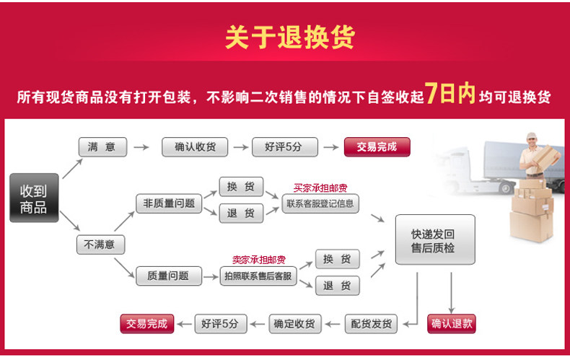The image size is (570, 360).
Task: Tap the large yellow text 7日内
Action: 450,94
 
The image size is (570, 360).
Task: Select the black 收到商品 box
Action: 34,198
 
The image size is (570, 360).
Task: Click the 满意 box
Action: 102,147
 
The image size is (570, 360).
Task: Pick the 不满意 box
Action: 100,245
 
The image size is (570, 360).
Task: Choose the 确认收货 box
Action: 195,147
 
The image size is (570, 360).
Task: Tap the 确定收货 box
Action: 294,324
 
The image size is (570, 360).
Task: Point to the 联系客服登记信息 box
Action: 320,203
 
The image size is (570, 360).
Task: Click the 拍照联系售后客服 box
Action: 258,276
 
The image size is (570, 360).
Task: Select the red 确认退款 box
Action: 452,324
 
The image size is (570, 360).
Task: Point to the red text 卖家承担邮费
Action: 258,260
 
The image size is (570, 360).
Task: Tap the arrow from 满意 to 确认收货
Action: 141,148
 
